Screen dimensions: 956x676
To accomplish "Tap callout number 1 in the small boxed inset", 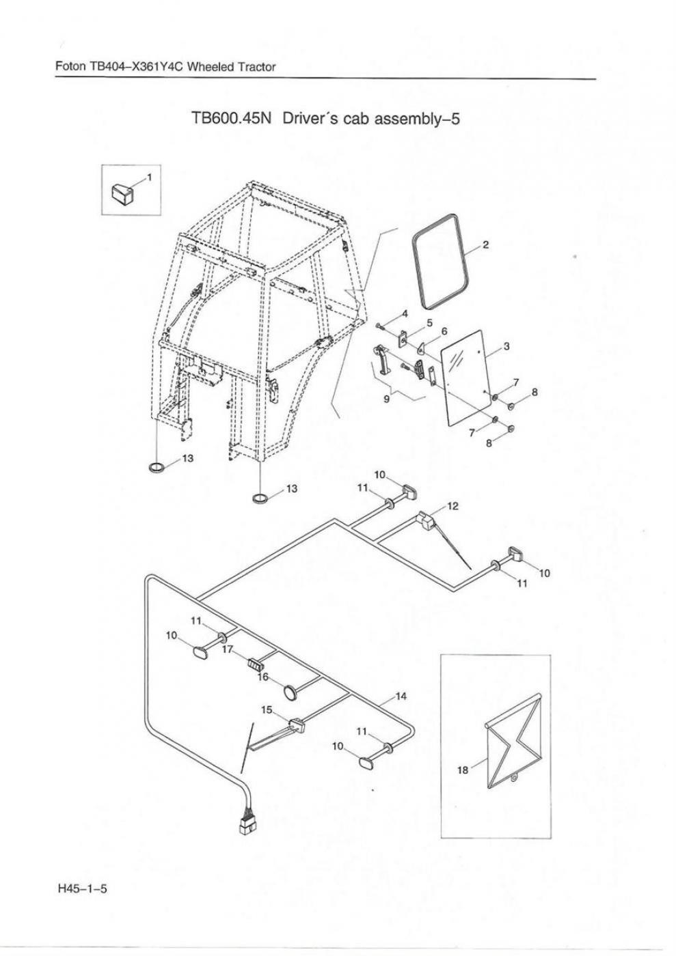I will tap(150, 175).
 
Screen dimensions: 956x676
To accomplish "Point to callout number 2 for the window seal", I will tap(485, 245).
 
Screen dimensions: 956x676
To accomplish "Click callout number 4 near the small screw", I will tap(405, 313).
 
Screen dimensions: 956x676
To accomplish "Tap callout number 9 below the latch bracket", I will tap(387, 399).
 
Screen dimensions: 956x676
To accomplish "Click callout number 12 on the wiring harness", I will tap(452, 506).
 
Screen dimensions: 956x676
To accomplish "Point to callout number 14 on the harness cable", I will tap(401, 696).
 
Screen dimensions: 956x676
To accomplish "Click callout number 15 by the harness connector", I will tap(267, 709).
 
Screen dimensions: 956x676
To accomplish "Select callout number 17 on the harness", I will tap(228, 650).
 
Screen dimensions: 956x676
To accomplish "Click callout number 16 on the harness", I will tap(262, 677).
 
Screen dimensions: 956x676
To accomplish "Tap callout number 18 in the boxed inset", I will tap(462, 770).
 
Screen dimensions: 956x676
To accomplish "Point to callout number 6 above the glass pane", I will tap(444, 331).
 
